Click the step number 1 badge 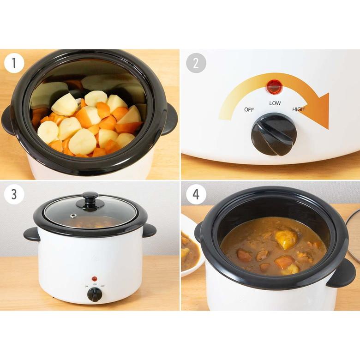point(14,63)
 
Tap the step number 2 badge point(196,63)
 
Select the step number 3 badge point(14,194)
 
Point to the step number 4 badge point(196,194)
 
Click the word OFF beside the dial point(249,110)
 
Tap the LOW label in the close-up point(275,103)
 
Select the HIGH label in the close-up point(298,109)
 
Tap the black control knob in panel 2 point(274,135)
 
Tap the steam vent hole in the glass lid point(73,216)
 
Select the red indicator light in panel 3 point(94,279)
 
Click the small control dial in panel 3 point(94,295)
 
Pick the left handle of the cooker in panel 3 point(31,234)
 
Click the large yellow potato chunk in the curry point(286,239)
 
